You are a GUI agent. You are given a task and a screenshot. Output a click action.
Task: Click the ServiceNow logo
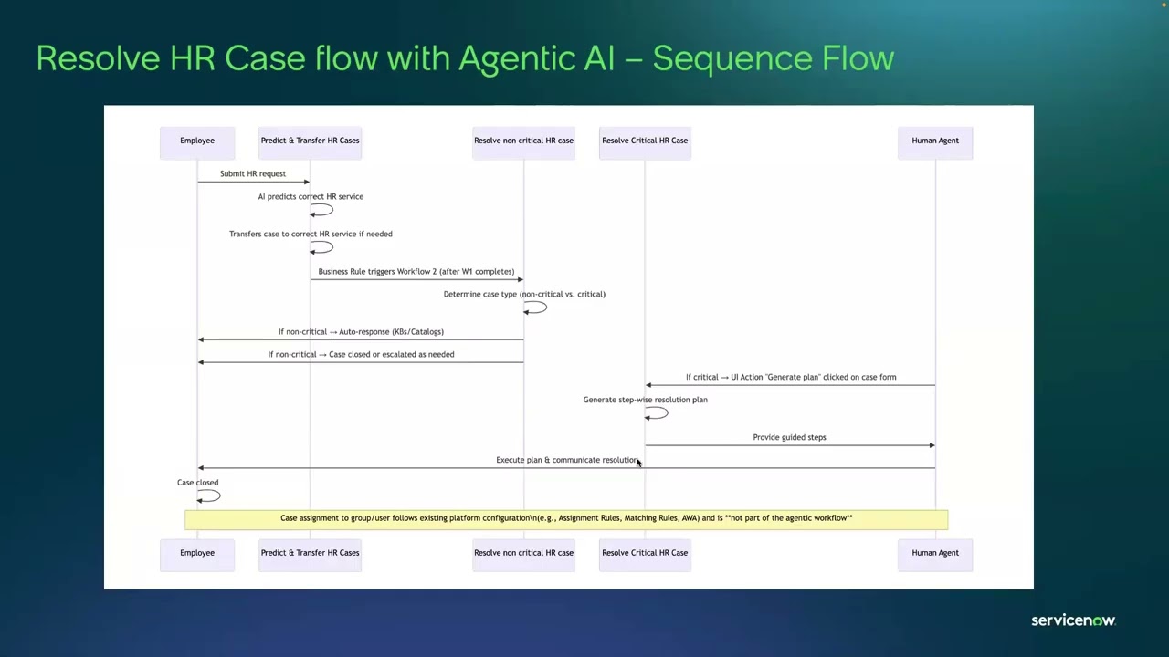[x=1073, y=620]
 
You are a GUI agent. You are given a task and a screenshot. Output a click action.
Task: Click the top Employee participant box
[x=197, y=141]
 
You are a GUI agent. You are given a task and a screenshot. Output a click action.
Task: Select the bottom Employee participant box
[x=197, y=554]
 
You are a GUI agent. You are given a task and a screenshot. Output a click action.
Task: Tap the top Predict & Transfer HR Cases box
[x=310, y=141]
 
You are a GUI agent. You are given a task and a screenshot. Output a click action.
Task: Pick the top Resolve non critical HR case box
[x=523, y=141]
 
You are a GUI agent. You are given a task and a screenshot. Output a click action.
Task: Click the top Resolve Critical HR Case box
[x=645, y=141]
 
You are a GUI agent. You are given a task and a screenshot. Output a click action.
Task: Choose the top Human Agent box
[x=935, y=141]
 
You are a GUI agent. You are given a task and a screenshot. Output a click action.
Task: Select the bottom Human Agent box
[x=935, y=554]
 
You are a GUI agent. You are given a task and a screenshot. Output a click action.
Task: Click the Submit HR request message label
[x=252, y=173]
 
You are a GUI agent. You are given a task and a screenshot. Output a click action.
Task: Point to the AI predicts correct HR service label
[x=311, y=196]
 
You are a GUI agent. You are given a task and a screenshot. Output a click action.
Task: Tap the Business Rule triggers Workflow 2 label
[x=416, y=271]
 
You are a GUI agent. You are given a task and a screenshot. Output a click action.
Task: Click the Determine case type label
[x=524, y=294]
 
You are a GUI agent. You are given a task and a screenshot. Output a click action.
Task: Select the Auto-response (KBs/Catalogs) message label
[x=361, y=331]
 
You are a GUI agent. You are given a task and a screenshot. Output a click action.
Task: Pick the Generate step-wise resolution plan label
[x=645, y=400]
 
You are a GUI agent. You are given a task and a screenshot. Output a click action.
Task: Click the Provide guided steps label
[x=789, y=437]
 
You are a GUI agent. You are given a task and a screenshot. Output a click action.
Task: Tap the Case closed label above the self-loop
[x=197, y=482]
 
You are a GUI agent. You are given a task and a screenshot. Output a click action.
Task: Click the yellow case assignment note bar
[x=566, y=519]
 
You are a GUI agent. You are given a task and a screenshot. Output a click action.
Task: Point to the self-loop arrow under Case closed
[x=210, y=496]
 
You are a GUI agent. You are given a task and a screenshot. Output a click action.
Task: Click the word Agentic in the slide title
[x=516, y=58]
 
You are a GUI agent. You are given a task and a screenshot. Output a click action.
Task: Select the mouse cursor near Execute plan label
[x=639, y=464]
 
